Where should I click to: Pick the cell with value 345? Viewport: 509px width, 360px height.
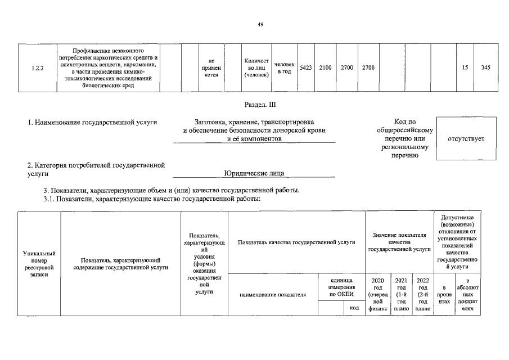(485, 67)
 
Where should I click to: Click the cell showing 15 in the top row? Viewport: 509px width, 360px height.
(465, 67)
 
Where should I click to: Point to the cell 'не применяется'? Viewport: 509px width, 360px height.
(211, 67)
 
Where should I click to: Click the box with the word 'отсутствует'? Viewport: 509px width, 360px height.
(466, 139)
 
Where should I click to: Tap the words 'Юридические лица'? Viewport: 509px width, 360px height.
(254, 173)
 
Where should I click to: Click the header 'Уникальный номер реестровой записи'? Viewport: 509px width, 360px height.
(39, 263)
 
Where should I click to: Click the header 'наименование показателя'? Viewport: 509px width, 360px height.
(272, 294)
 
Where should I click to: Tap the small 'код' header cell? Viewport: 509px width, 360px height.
(354, 308)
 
